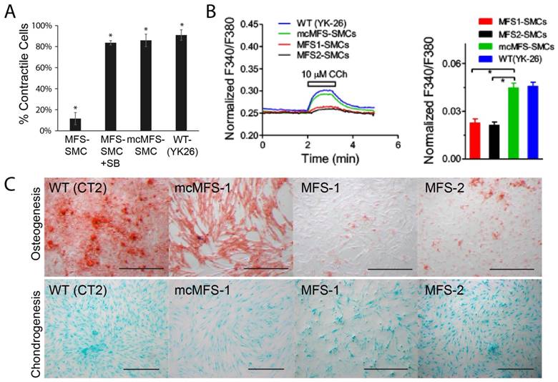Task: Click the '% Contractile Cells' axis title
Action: tap(13, 77)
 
